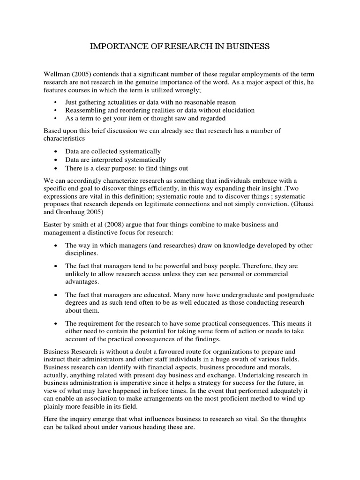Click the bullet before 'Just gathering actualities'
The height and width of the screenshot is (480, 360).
pyautogui.click(x=56, y=102)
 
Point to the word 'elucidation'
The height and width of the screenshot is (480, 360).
pyautogui.click(x=237, y=110)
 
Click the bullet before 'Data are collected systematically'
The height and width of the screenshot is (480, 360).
pyautogui.click(x=56, y=151)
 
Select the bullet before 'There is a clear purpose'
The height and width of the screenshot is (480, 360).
pyautogui.click(x=56, y=168)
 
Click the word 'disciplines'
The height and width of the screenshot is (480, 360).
pyautogui.click(x=82, y=254)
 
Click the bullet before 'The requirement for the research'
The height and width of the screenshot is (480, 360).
pyautogui.click(x=56, y=323)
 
